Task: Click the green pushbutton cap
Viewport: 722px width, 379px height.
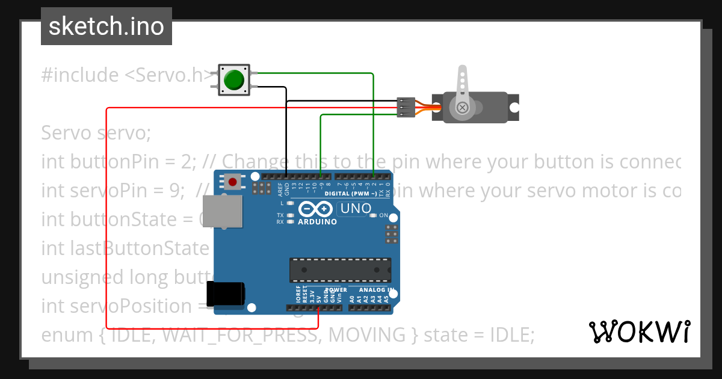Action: pyautogui.click(x=233, y=79)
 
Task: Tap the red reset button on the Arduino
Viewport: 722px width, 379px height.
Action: pyautogui.click(x=233, y=181)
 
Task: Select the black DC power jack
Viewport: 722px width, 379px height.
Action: pyautogui.click(x=224, y=294)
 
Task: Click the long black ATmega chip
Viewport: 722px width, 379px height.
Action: pyautogui.click(x=340, y=270)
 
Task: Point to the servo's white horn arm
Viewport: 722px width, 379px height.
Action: pyautogui.click(x=462, y=84)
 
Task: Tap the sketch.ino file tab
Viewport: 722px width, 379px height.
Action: pyautogui.click(x=106, y=26)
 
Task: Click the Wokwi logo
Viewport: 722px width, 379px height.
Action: pyautogui.click(x=639, y=331)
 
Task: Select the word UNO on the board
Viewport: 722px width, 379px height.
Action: pyautogui.click(x=354, y=209)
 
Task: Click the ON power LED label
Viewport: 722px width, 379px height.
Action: pyautogui.click(x=383, y=215)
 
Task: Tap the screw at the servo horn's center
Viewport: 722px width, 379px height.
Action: pyautogui.click(x=462, y=108)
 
